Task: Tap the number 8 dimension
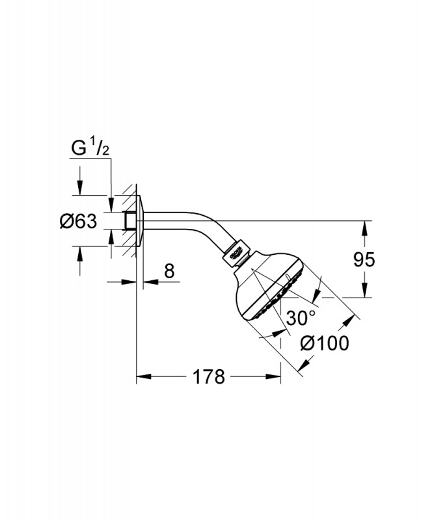pos(169,271)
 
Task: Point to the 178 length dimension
pos(209,376)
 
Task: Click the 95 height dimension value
pos(364,259)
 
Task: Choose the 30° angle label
pos(301,318)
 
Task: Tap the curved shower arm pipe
pos(195,217)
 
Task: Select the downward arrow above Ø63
pos(80,189)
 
